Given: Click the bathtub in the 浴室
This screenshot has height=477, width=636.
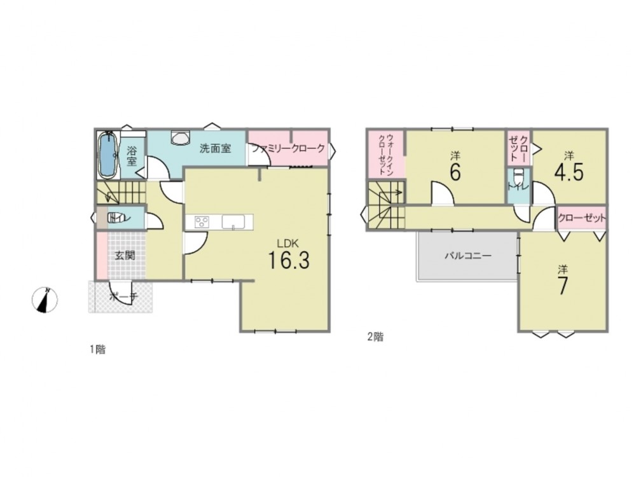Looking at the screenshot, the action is coord(108,155).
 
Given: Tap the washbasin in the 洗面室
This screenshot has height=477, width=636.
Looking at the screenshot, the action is coord(180,137).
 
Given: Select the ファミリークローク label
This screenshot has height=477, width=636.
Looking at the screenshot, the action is coord(288,148).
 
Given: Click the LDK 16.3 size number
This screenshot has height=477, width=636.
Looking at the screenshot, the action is coord(289,260).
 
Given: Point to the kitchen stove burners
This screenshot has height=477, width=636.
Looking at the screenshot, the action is coord(202,222).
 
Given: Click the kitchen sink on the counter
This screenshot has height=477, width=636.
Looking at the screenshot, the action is coord(233,222).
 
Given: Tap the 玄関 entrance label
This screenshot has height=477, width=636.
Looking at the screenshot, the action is coord(125,256).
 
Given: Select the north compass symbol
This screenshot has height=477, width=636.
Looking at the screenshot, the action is coord(45,300).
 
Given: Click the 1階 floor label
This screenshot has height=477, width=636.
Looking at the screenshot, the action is coord(97,349).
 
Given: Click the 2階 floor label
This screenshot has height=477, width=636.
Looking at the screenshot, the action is coord(375,336).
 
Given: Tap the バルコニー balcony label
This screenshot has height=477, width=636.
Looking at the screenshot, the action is coord(468,256).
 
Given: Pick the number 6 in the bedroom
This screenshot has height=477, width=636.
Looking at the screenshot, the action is coord(455,172).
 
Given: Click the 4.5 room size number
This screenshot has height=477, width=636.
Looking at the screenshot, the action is coord(569,172).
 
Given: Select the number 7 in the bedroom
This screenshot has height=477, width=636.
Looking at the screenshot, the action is coord(563,286).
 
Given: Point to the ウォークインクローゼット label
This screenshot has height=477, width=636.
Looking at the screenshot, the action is coord(386,154).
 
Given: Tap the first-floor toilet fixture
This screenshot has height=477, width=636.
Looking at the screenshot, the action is coord(114,218).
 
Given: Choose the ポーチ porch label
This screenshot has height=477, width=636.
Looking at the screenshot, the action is coord(124,297).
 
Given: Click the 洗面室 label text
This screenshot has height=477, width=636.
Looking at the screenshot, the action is coord(216,148).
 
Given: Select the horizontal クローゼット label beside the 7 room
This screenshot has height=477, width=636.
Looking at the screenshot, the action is coord(582,218).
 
